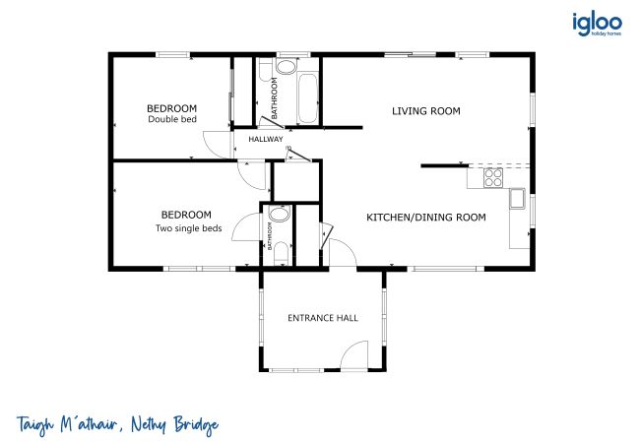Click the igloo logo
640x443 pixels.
597,24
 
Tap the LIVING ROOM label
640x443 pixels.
426,111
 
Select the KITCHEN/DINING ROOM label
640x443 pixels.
426,217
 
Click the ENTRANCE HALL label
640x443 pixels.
323,318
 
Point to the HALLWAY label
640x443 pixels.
266,139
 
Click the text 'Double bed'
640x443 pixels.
172,119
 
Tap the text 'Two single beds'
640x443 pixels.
189,228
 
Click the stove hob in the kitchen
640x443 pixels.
493,178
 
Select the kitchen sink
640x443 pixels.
518,199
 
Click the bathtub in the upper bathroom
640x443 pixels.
307,97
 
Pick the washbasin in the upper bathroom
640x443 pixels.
287,67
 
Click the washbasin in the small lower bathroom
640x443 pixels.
280,214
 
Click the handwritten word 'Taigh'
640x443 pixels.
35,425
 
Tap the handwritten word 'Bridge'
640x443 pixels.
196,426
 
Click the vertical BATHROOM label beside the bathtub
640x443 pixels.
275,98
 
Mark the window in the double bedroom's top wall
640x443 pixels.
173,55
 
